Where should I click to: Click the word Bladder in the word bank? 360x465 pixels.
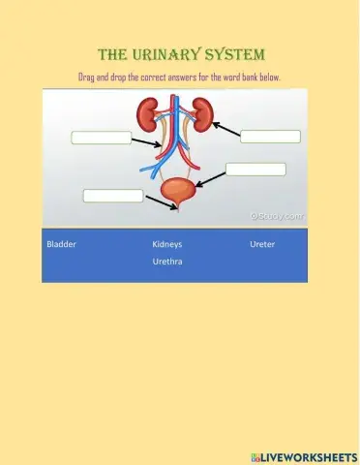(x=61, y=244)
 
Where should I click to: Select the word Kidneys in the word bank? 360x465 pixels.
(x=167, y=244)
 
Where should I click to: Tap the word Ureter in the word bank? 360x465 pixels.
(x=262, y=244)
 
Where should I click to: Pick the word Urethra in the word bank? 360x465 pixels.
(x=167, y=262)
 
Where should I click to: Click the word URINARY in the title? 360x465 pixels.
(x=184, y=53)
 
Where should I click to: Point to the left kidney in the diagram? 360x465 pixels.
(x=148, y=115)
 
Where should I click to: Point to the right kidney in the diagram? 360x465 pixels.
(x=201, y=115)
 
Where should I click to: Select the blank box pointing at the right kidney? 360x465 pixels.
(x=270, y=137)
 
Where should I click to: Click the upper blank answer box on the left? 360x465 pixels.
(x=102, y=138)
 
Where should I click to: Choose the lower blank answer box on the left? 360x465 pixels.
(x=113, y=196)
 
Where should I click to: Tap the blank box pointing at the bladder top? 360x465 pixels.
(x=255, y=170)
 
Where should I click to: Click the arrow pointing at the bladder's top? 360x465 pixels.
(x=210, y=177)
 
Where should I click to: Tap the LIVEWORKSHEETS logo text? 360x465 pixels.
(x=303, y=455)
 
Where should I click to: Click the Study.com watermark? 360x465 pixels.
(x=277, y=217)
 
